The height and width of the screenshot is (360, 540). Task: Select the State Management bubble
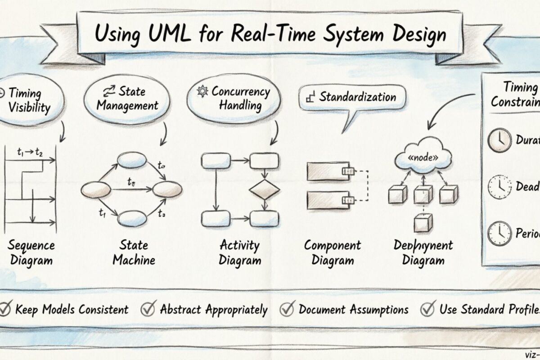128,99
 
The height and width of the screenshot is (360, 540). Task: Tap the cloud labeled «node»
423,158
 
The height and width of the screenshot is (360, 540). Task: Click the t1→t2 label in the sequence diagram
30,152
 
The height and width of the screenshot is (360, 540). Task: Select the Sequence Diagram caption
31,252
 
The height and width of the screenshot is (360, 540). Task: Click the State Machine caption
134,252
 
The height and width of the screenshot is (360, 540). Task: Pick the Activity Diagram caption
239,252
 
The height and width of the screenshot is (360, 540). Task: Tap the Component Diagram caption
333,252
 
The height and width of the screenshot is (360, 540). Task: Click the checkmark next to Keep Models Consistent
6,309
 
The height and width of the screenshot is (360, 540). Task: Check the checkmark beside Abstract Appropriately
148,309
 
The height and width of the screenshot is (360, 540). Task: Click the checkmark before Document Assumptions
287,309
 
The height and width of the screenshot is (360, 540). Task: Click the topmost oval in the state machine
132,161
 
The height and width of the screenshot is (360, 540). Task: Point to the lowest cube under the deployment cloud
423,223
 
